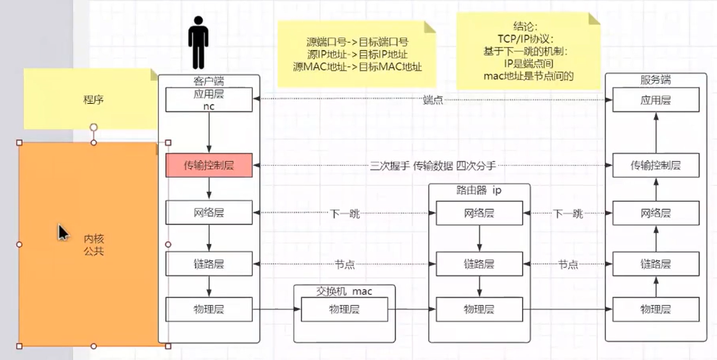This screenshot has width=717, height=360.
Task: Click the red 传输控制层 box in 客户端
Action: (209, 166)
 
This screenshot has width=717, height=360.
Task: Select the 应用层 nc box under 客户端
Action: (209, 100)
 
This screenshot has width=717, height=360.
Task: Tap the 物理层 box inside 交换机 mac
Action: (344, 309)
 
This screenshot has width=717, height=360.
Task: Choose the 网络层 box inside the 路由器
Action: (479, 213)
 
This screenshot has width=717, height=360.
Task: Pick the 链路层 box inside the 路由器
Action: (479, 264)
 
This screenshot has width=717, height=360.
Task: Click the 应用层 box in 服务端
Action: (656, 100)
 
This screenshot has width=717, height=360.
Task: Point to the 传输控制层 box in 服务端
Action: (656, 165)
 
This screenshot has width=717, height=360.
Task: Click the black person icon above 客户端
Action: (198, 42)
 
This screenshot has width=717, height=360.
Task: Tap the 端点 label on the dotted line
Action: (433, 100)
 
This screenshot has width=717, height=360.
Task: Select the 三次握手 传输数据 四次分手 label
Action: (433, 166)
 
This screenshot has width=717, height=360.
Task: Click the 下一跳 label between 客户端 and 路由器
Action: (344, 214)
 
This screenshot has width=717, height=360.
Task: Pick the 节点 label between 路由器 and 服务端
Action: (568, 264)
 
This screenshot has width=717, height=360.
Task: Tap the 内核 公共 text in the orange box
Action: (93, 244)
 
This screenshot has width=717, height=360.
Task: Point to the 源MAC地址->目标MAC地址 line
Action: (357, 67)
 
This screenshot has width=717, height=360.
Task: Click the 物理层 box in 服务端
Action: (656, 309)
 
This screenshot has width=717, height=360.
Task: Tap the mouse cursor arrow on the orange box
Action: (63, 233)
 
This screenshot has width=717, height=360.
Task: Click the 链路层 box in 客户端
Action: (209, 264)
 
